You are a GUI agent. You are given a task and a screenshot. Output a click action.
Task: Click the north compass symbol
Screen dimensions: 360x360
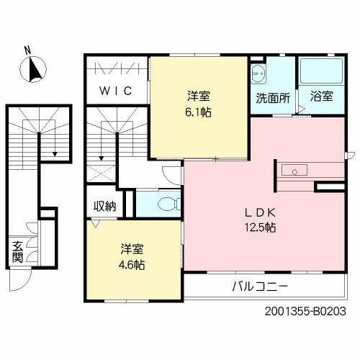point(33,69)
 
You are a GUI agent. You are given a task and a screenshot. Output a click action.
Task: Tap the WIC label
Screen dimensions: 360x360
point(116,91)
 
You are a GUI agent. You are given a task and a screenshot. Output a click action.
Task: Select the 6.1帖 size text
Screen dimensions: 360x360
point(199,112)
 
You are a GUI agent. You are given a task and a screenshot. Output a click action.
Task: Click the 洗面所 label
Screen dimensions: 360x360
point(273,98)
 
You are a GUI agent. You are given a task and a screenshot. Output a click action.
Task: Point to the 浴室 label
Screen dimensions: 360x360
point(322,96)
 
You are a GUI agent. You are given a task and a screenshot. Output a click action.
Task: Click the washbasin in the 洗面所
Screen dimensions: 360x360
point(258,73)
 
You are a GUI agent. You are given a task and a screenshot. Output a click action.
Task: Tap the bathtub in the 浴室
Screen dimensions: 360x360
point(322,71)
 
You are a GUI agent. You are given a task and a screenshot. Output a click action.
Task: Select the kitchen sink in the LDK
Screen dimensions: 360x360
point(294,170)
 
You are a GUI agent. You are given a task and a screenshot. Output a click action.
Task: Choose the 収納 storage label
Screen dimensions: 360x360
point(104,206)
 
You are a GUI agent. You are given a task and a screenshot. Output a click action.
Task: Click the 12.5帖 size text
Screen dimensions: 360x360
point(260,227)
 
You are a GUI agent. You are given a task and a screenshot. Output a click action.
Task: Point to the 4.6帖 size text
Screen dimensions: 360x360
point(132,265)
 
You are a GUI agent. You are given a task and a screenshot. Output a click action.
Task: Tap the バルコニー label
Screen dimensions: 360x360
point(260,287)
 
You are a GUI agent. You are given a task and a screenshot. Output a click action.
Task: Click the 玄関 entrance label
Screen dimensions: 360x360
point(17,252)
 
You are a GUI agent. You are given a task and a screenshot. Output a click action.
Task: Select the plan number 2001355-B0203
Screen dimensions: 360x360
point(305,312)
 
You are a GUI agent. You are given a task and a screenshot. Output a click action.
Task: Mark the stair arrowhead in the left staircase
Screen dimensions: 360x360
point(55,154)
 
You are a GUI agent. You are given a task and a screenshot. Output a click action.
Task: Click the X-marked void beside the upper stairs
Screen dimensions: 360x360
point(101,173)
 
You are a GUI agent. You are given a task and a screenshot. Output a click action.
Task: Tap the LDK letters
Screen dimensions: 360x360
point(260,212)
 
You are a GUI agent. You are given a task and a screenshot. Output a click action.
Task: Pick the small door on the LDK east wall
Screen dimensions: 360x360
point(350,155)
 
